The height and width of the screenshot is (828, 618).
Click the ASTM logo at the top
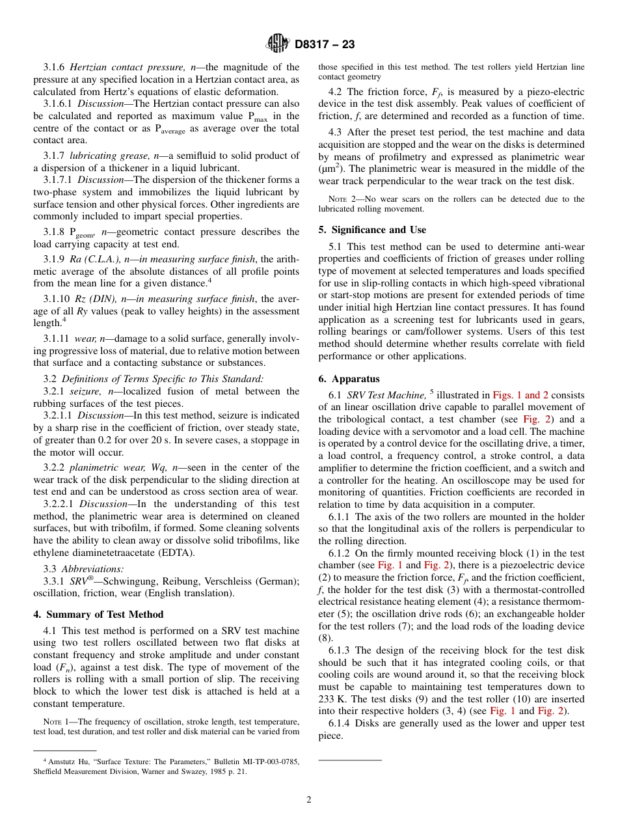[278, 44]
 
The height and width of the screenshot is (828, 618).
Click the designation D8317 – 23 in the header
[325, 45]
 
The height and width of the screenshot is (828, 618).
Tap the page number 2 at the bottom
[309, 800]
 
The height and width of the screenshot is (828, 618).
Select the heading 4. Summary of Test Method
[98, 614]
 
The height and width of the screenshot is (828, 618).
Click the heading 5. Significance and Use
[372, 230]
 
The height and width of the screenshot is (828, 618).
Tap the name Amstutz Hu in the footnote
[71, 762]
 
